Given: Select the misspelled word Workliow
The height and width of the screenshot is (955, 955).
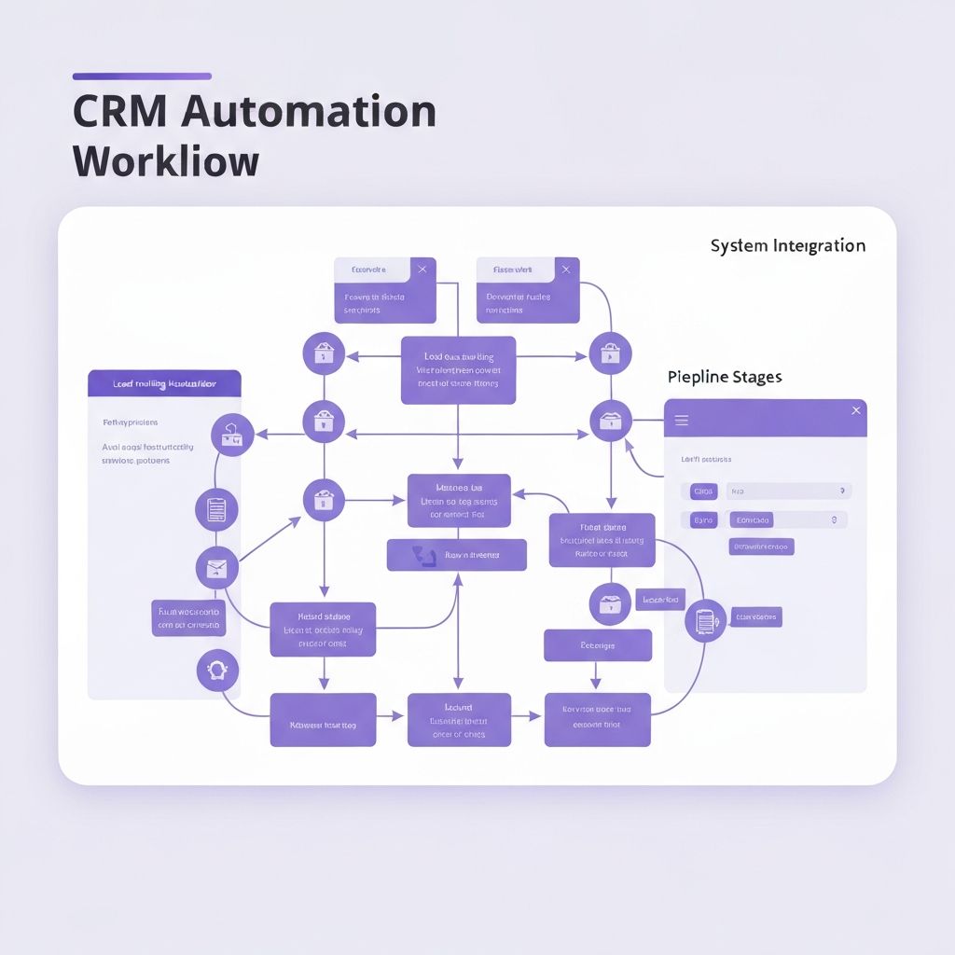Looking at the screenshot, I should pyautogui.click(x=165, y=160).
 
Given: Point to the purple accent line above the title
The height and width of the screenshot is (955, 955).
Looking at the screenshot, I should pyautogui.click(x=142, y=76).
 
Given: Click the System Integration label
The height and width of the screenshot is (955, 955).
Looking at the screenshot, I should pyautogui.click(x=787, y=246).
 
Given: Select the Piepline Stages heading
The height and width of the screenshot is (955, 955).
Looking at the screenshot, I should pyautogui.click(x=725, y=378).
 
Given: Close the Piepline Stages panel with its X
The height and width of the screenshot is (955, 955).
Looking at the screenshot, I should pyautogui.click(x=856, y=410).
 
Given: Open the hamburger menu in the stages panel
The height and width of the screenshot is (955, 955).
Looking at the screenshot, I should pyautogui.click(x=682, y=421).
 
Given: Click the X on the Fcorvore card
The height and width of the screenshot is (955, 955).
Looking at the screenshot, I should pyautogui.click(x=422, y=270).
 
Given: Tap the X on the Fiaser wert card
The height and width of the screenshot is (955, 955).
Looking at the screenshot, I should pyautogui.click(x=564, y=270).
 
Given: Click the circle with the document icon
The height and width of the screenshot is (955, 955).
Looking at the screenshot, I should pyautogui.click(x=216, y=510).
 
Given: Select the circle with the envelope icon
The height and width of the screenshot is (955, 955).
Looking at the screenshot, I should pyautogui.click(x=216, y=568).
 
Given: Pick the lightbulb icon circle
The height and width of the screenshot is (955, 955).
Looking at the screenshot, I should pyautogui.click(x=218, y=670).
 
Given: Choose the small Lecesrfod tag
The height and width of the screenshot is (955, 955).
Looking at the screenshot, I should pyautogui.click(x=660, y=600).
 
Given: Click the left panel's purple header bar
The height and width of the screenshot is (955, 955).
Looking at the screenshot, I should pyautogui.click(x=164, y=383).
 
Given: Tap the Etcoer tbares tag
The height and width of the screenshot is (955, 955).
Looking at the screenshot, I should pyautogui.click(x=756, y=616).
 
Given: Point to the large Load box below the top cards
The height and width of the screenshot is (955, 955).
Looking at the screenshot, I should pyautogui.click(x=458, y=370).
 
